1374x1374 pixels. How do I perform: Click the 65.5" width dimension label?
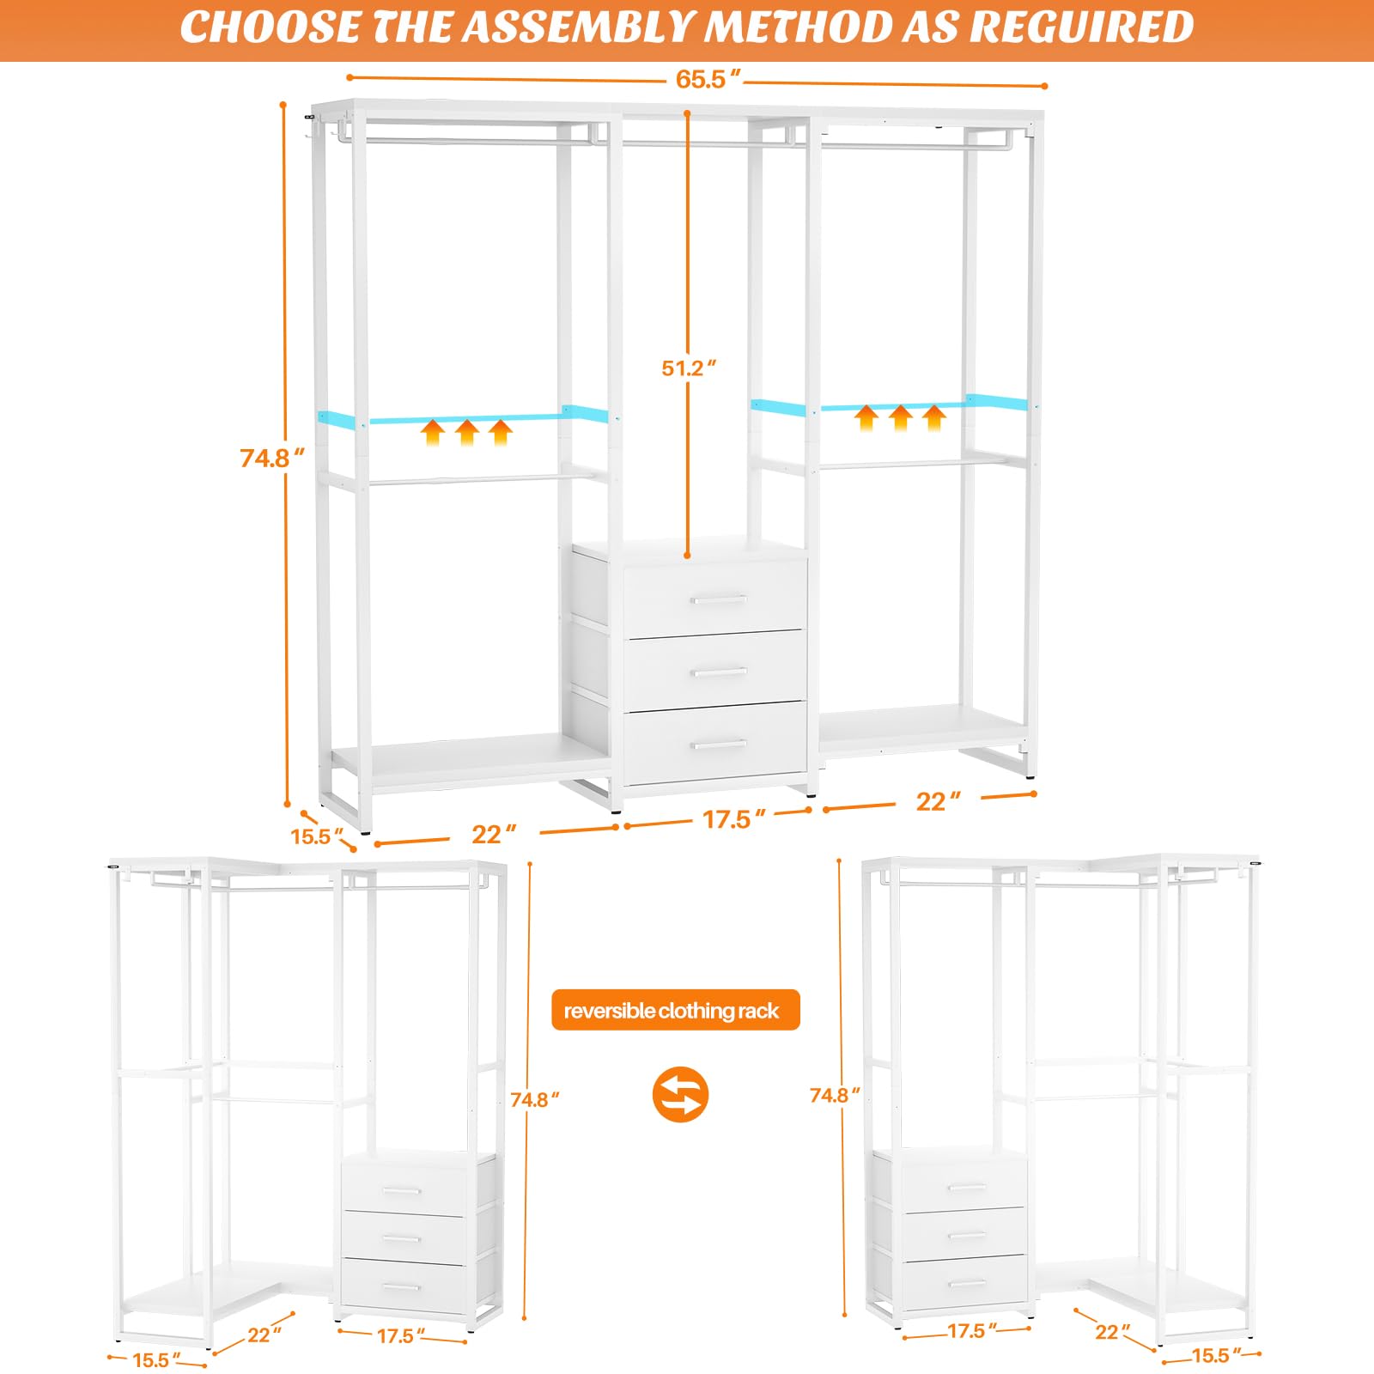[x=707, y=80]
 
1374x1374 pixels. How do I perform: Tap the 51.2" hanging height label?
[x=688, y=368]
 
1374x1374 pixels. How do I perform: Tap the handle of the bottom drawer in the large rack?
[x=718, y=744]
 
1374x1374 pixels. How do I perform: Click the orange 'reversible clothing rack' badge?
[x=675, y=1010]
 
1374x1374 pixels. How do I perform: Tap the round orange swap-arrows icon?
[x=680, y=1094]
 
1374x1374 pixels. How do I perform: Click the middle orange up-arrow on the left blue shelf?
[x=466, y=432]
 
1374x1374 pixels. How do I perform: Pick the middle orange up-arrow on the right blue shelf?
[x=900, y=417]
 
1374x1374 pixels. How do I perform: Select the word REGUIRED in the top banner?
[x=1081, y=27]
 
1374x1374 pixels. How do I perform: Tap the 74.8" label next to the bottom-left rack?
[x=534, y=1100]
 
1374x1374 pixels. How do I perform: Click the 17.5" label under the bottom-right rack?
[x=971, y=1331]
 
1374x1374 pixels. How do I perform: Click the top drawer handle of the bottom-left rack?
[x=401, y=1190]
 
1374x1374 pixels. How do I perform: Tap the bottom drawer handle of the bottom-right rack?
[x=967, y=1284]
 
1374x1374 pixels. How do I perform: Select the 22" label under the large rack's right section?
[x=937, y=801]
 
